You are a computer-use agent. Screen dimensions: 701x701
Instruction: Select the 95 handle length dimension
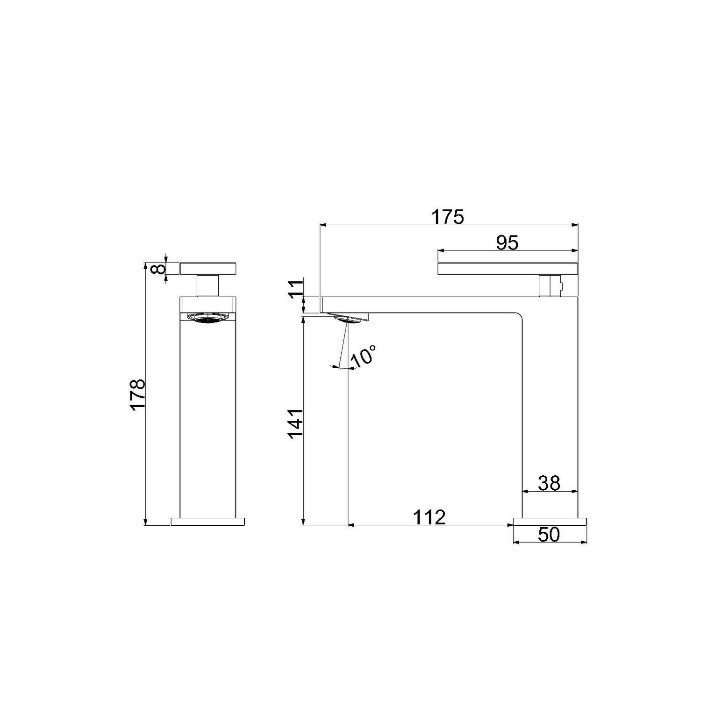(x=507, y=243)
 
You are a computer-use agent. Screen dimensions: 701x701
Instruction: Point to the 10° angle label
(x=364, y=356)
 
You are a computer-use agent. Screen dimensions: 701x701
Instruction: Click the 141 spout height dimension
(x=296, y=423)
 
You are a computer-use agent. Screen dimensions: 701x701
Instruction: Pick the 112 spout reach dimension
(x=429, y=517)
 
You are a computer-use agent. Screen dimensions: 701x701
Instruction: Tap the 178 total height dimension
(x=138, y=394)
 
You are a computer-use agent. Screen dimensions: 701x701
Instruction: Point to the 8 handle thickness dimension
(x=160, y=268)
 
